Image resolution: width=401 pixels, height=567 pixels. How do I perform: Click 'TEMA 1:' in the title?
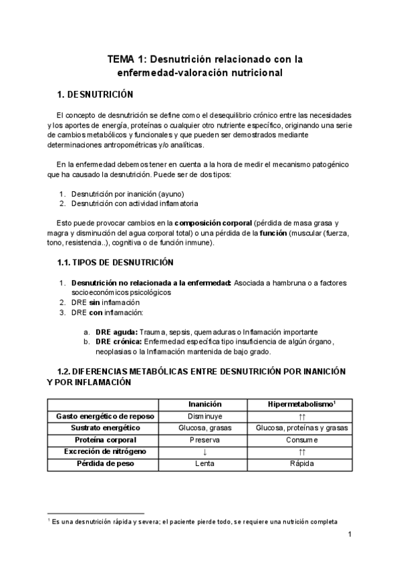click(x=127, y=60)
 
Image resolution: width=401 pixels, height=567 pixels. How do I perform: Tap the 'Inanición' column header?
click(x=205, y=405)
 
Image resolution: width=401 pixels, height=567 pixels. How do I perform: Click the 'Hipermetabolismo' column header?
click(x=300, y=405)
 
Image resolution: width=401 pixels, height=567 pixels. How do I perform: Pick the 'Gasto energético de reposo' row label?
click(x=108, y=417)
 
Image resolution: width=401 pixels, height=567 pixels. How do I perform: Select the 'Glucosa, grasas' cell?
click(x=205, y=429)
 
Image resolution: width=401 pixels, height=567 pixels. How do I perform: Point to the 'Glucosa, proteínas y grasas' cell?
click(x=301, y=429)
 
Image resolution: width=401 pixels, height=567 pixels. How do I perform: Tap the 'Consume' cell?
click(x=301, y=441)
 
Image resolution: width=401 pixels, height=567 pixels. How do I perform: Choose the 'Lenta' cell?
click(x=205, y=464)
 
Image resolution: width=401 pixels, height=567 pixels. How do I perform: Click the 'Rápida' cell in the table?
click(x=301, y=464)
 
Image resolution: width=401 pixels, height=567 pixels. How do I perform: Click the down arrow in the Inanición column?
click(x=205, y=453)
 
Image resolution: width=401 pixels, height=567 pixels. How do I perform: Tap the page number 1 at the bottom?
click(x=350, y=535)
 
